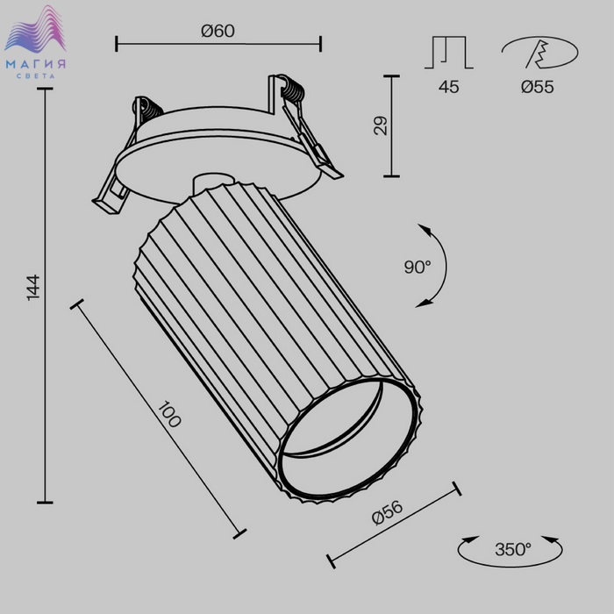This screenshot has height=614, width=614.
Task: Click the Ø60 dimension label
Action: [218, 31]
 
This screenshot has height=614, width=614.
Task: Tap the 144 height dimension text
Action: [33, 288]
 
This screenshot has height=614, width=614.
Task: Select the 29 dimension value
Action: [380, 125]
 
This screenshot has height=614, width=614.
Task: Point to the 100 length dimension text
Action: [169, 414]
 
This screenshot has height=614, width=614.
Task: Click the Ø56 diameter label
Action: [388, 512]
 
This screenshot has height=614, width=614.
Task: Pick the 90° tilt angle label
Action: [418, 267]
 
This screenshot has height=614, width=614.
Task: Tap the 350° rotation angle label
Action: [513, 549]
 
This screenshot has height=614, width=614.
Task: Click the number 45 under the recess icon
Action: [449, 87]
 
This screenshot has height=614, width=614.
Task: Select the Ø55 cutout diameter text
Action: [537, 87]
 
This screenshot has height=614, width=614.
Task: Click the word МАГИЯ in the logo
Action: [36, 64]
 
